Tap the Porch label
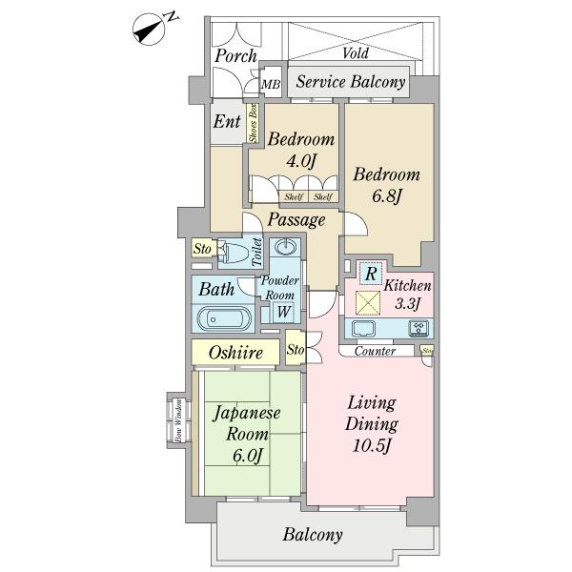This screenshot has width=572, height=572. (235, 56)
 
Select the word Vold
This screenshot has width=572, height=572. (356, 54)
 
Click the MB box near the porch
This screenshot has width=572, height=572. (271, 86)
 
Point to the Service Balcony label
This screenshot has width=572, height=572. (350, 83)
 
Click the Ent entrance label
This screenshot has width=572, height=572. (227, 122)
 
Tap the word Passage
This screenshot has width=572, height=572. (296, 220)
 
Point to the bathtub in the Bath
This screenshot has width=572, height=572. (223, 317)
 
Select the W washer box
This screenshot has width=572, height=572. (283, 311)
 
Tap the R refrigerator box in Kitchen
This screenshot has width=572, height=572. (370, 272)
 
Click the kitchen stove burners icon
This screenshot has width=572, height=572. (419, 330)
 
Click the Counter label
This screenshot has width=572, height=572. (375, 352)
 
